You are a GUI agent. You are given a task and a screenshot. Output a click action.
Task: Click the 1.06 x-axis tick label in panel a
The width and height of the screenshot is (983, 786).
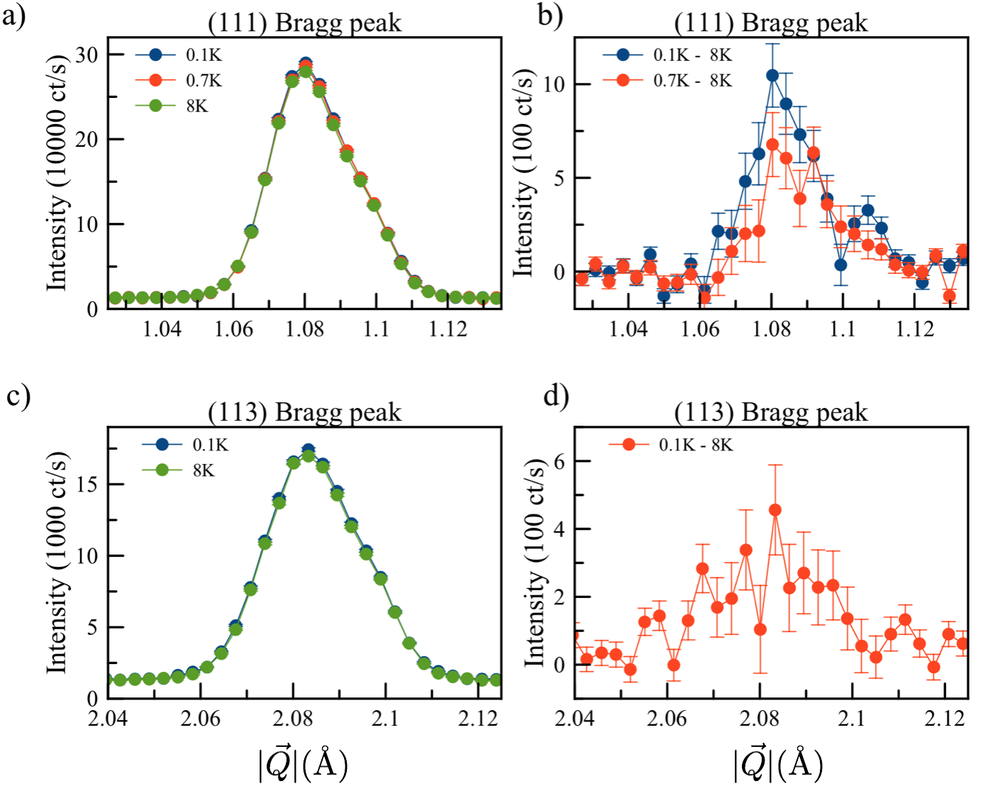(234, 329)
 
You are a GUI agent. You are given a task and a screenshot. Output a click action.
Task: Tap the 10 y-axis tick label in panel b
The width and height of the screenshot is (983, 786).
(554, 84)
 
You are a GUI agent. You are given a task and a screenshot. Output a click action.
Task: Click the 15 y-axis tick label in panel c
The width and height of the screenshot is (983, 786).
(87, 485)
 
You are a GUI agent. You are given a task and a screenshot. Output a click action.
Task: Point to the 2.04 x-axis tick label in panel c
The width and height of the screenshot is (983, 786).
(108, 719)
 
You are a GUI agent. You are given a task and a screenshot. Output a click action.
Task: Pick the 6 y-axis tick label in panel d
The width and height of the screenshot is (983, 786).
(560, 461)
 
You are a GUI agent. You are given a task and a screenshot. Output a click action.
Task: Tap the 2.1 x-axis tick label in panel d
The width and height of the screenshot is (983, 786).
(852, 719)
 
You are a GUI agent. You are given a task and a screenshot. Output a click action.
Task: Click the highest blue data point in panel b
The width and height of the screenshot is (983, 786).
(772, 75)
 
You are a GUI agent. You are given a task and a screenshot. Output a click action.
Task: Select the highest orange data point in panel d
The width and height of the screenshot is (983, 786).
(774, 510)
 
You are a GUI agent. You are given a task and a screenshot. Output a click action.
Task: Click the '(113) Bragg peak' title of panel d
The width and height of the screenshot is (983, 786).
(771, 412)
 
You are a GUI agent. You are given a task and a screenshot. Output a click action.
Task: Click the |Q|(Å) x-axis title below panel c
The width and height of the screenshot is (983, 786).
(304, 765)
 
